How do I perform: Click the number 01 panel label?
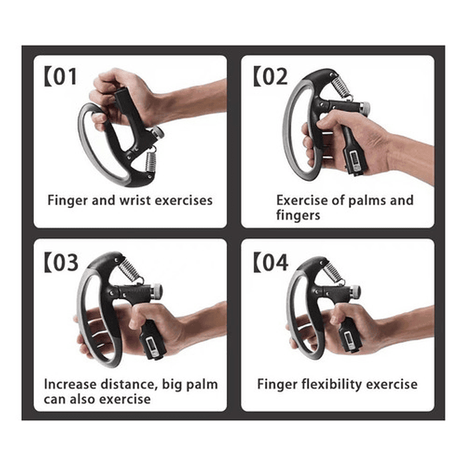[x=61, y=77]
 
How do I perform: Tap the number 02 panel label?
[x=270, y=76]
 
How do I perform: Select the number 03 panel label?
[x=61, y=262]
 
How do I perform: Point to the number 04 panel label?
[x=271, y=262]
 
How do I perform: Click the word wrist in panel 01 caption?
[x=136, y=200]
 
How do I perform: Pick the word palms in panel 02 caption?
[x=367, y=201]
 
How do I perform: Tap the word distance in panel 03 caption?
[x=128, y=384]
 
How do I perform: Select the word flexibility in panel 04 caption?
[x=332, y=384]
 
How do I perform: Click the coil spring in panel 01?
[x=150, y=160]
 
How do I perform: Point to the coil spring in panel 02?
[x=342, y=86]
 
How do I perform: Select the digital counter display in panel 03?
[x=152, y=346]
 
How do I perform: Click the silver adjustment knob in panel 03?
[x=156, y=291]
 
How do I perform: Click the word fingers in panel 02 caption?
[x=298, y=215]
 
